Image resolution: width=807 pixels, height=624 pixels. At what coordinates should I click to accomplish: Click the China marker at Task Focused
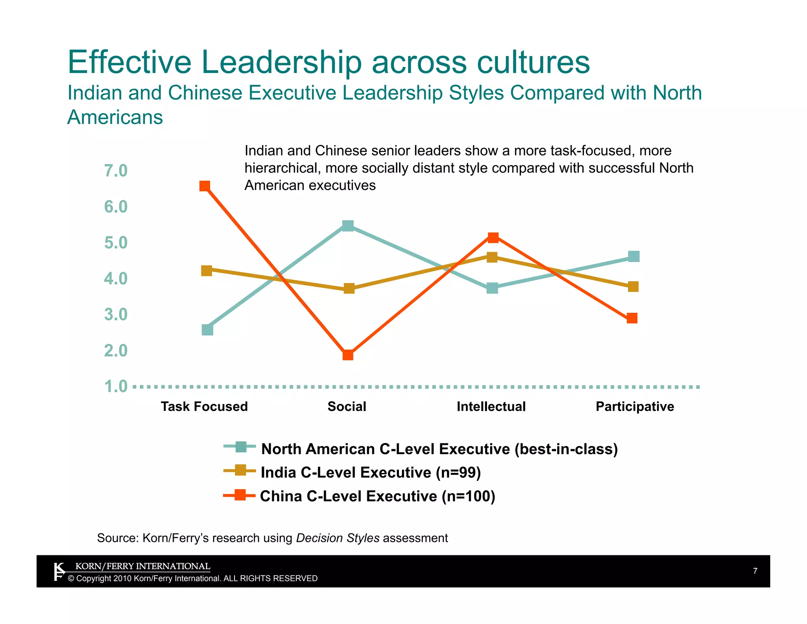pos(205,186)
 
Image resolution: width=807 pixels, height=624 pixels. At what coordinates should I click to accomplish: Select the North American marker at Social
pos(348,226)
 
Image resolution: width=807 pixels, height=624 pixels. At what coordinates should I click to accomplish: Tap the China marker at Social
pos(348,355)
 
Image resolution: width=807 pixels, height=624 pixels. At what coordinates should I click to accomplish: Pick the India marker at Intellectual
pos(492,257)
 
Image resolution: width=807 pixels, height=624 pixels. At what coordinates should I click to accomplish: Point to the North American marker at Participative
pos(633,256)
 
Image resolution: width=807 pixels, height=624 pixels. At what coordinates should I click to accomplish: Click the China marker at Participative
pos(632,318)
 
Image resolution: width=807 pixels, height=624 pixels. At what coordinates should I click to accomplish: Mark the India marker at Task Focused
pos(206,271)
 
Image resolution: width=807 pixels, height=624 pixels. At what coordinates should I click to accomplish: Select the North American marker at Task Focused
pos(207,330)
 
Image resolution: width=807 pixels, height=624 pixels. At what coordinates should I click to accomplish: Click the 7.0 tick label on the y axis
pos(116,171)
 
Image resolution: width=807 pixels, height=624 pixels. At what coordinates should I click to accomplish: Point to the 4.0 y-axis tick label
pos(116,279)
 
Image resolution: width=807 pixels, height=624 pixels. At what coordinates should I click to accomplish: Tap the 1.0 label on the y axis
pos(116,387)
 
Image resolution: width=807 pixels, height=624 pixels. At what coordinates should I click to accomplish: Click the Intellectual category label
pos(491,406)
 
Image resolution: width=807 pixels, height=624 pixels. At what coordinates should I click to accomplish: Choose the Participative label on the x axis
pos(634,406)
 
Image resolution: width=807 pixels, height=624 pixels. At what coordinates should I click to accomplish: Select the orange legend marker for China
pos(240,495)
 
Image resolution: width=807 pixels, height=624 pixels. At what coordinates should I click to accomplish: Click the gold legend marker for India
pos(240,471)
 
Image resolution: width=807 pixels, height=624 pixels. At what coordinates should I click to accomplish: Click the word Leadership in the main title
pos(281,62)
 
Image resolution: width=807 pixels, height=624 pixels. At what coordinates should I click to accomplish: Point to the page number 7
pos(755,571)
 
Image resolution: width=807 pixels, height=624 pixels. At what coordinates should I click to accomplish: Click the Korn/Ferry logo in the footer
pos(59,572)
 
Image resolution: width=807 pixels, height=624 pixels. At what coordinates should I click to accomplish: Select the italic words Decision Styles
pos(337,538)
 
